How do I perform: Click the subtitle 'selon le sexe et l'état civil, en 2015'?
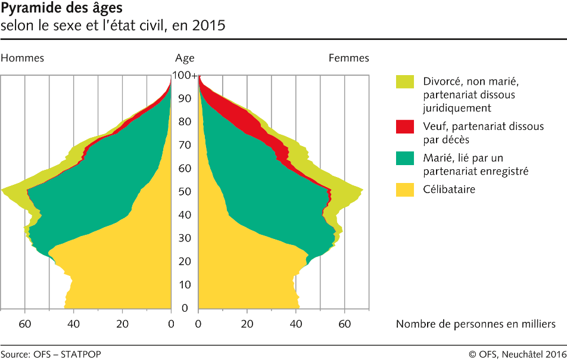coord(113,27)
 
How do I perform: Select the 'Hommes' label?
coord(23,58)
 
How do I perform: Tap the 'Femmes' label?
coord(349,58)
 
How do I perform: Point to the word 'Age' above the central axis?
coord(185,58)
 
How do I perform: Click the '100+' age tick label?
coord(185,76)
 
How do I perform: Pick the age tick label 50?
coord(185,192)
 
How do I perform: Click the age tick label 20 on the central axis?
coord(185,262)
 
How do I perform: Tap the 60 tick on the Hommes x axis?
coord(25,324)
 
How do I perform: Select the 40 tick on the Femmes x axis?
coord(296,324)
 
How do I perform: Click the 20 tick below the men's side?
coord(123,324)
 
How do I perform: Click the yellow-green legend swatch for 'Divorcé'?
coord(405,82)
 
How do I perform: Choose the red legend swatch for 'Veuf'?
coord(405,126)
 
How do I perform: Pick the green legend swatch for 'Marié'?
coord(405,158)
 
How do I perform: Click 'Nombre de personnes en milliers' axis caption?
coord(475,324)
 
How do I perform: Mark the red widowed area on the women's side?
coord(238,110)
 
